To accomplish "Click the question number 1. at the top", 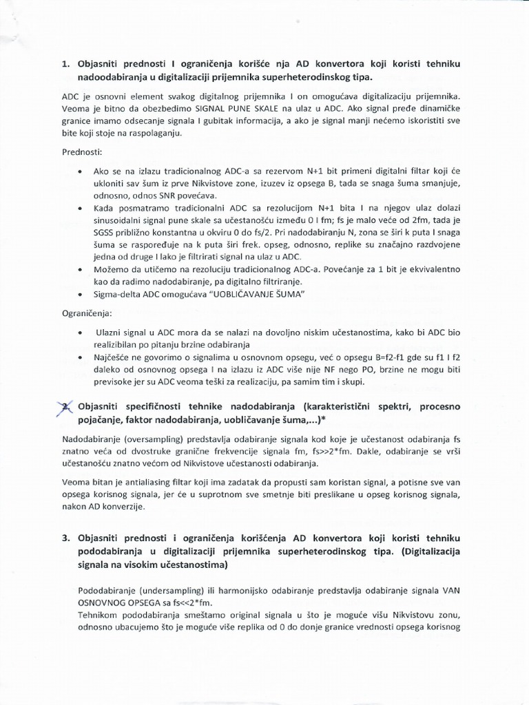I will (66, 64).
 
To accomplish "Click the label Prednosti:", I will (81, 151).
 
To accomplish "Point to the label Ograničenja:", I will (85, 313).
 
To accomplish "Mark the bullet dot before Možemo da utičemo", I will (83, 269).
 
